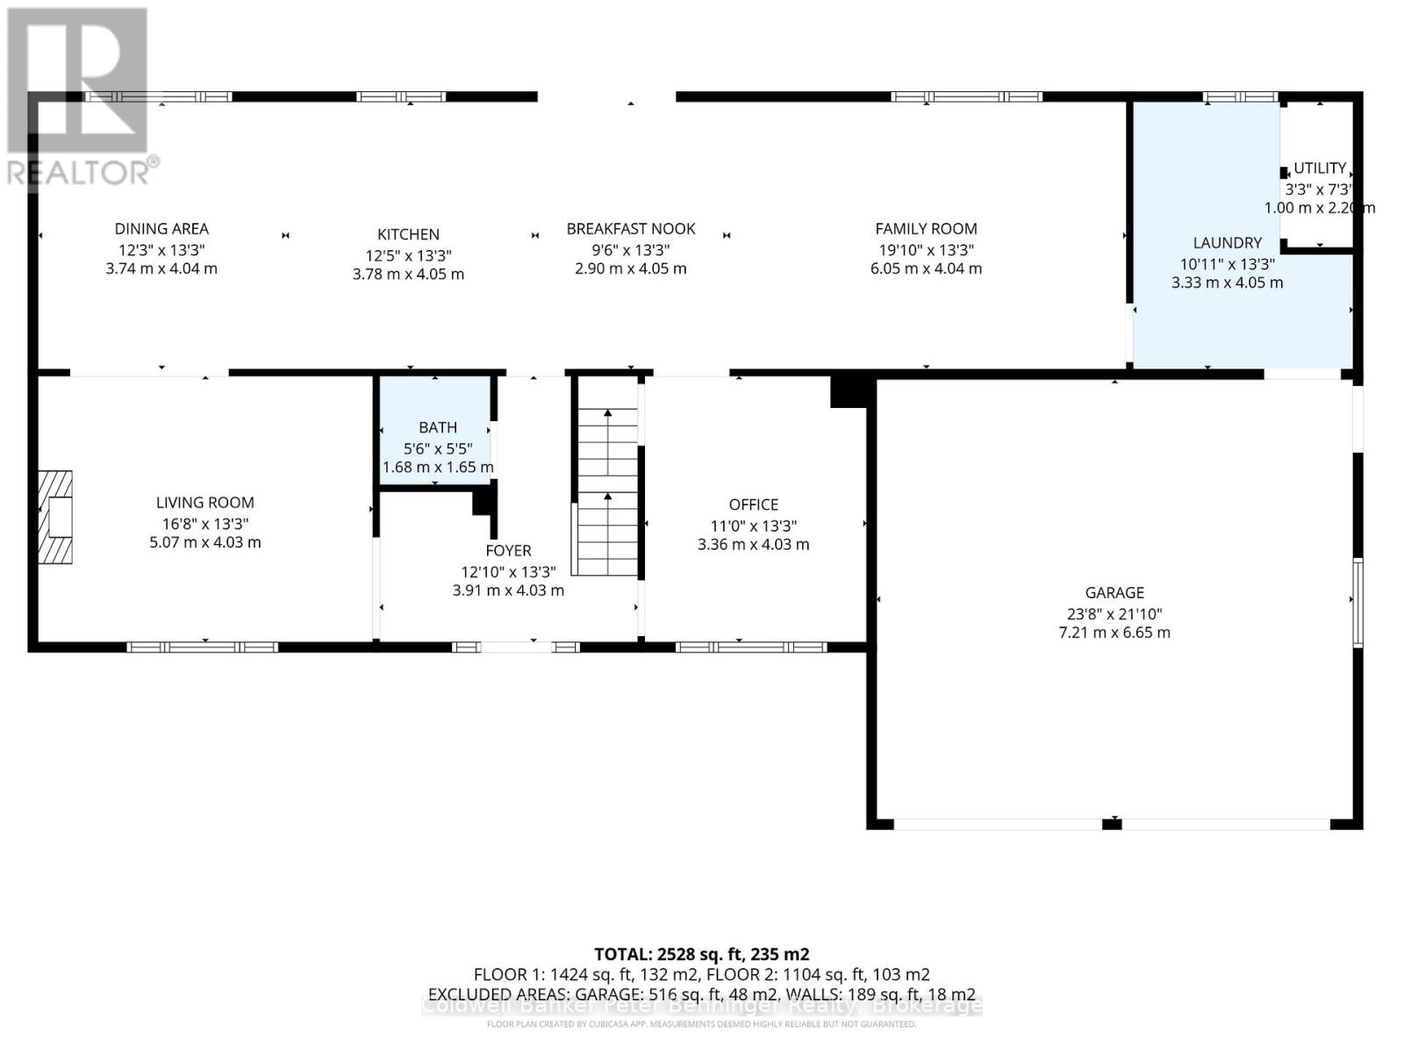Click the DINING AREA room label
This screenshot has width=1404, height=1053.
(x=161, y=229)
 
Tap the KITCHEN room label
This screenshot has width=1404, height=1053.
(x=408, y=234)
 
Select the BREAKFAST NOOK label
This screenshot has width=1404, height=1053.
(x=631, y=229)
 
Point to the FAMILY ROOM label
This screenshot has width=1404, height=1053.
(x=926, y=229)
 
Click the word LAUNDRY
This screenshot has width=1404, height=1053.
(x=1227, y=243)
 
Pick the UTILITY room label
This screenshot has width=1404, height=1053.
(x=1320, y=168)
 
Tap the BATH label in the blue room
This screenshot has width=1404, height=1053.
(x=438, y=427)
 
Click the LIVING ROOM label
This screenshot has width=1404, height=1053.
(x=205, y=503)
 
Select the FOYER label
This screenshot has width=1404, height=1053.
(x=508, y=550)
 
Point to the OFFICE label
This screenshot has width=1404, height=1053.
(x=754, y=505)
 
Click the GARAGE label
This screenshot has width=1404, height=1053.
(x=1114, y=593)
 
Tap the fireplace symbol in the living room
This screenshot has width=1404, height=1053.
(x=55, y=517)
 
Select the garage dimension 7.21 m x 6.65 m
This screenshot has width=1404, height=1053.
(x=1114, y=633)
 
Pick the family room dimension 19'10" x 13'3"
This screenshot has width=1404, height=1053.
(x=926, y=250)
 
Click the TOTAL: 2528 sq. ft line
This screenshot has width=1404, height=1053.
(x=701, y=954)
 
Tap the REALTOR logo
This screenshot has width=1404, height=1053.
(x=79, y=97)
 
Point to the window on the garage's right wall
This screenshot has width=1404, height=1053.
(x=1357, y=602)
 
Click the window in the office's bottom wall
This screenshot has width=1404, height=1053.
(x=750, y=648)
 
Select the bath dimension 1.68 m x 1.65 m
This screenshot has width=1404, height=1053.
(x=438, y=467)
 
